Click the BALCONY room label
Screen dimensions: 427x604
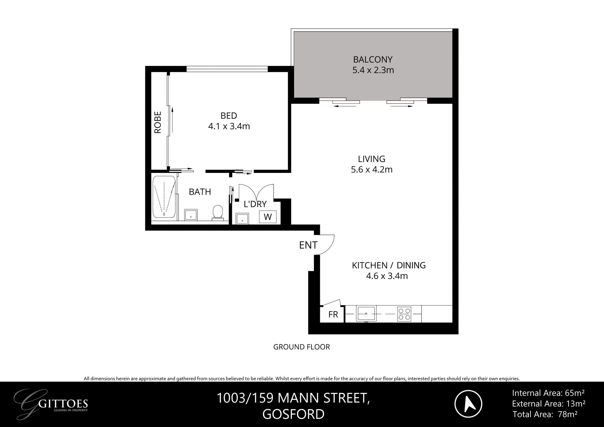[x=373, y=59]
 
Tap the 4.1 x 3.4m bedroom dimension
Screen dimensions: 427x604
[x=229, y=126]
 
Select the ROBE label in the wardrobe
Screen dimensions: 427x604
[x=158, y=122]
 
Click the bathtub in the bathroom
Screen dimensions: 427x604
[x=164, y=197]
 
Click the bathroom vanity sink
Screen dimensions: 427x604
[x=191, y=215]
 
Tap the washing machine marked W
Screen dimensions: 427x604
[x=268, y=217]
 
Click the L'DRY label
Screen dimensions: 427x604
[x=255, y=204]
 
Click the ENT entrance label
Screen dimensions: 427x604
[x=308, y=245]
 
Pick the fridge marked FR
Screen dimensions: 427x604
[x=333, y=314]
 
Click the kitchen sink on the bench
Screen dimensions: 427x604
[x=366, y=313]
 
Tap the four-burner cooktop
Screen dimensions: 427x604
[x=404, y=314]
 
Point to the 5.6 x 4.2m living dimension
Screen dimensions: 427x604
[x=372, y=170]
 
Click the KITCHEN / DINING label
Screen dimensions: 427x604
[x=389, y=265]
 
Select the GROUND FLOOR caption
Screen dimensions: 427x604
[x=301, y=347]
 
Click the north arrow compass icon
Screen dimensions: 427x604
[x=468, y=404]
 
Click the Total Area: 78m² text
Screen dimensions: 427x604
[x=545, y=414]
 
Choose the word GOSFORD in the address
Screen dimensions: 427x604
[x=293, y=414]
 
